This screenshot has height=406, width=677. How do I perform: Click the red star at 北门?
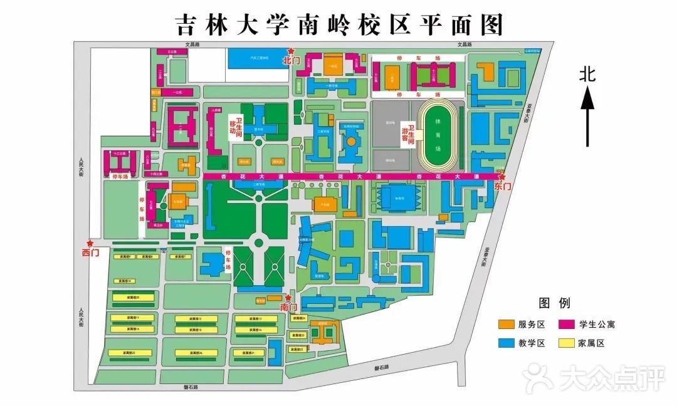tap(290, 51)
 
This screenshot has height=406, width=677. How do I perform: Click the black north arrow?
tap(587, 117)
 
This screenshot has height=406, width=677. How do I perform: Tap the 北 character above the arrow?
tap(587, 75)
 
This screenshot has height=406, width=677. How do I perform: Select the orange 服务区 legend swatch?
tap(506, 325)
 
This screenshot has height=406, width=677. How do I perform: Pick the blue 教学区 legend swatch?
tap(506, 343)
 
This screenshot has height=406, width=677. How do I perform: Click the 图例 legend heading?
tap(555, 304)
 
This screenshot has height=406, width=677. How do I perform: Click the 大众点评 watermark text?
tap(602, 379)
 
